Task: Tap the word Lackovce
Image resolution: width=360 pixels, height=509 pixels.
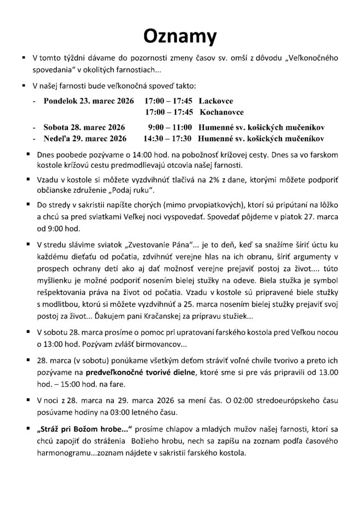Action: [x=216, y=100]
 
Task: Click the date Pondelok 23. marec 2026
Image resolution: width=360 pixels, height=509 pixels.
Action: [x=89, y=100]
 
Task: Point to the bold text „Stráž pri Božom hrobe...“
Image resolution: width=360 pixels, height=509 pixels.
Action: [x=79, y=428]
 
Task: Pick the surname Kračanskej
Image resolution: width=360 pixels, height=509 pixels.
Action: [x=134, y=316]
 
